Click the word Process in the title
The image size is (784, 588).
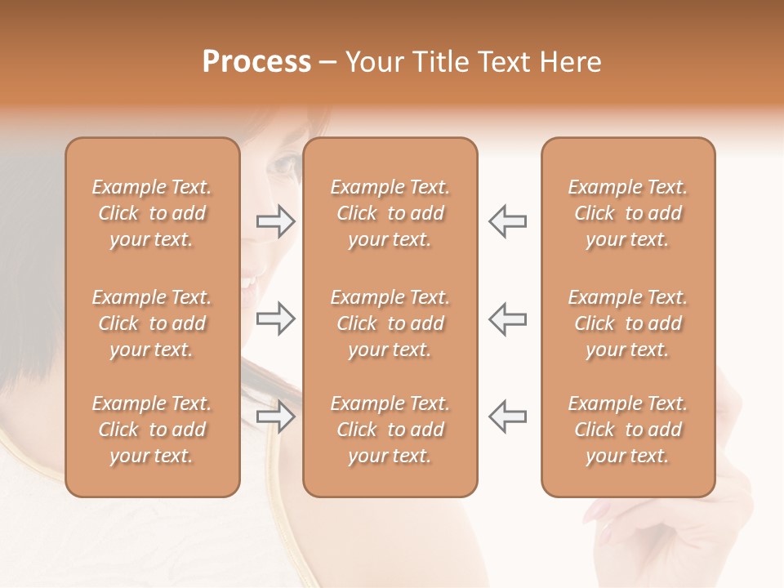tap(256, 62)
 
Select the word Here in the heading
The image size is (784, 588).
tap(569, 62)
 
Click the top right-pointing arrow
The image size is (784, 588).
tap(275, 221)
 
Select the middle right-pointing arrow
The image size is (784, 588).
tap(275, 318)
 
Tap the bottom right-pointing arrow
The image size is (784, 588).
tap(275, 416)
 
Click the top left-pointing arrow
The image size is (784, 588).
tap(507, 221)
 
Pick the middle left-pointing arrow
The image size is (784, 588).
tap(507, 318)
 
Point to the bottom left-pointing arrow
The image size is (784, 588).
tap(507, 416)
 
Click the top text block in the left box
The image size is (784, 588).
tap(152, 213)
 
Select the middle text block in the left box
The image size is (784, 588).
tap(152, 323)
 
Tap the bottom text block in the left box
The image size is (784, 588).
tap(152, 430)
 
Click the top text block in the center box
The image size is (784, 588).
tap(390, 213)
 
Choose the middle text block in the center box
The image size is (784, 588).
tap(390, 323)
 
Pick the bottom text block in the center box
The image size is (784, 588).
tap(390, 430)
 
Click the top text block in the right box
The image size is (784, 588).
tap(628, 213)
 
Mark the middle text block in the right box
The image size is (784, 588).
tap(628, 323)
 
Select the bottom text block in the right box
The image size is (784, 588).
tap(628, 430)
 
